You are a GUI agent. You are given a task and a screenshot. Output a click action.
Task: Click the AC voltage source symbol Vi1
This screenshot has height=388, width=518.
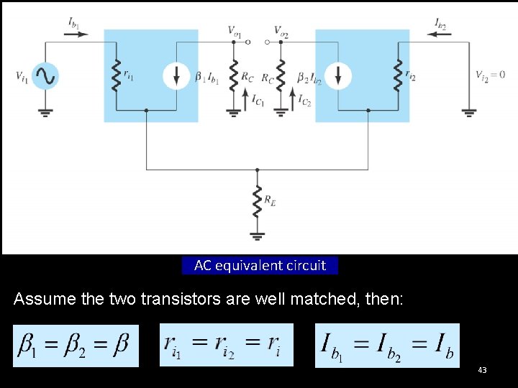(x=45, y=75)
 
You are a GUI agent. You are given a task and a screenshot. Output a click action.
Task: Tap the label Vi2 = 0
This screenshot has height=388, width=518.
(x=490, y=75)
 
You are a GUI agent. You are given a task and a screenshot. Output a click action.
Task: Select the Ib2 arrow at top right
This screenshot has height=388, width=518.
(x=440, y=32)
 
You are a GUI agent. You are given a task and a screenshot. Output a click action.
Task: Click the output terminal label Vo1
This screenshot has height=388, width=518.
(x=235, y=30)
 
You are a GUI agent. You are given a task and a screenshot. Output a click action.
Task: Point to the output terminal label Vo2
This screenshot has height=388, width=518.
(x=281, y=30)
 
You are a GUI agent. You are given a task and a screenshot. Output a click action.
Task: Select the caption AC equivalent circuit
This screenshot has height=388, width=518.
(x=260, y=265)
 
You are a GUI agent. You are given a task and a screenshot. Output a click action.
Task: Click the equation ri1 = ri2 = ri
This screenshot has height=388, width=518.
(x=227, y=345)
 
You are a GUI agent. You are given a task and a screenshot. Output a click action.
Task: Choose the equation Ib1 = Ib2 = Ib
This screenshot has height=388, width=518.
(x=387, y=345)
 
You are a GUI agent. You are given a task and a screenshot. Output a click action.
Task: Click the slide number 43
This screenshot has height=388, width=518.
(x=482, y=370)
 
